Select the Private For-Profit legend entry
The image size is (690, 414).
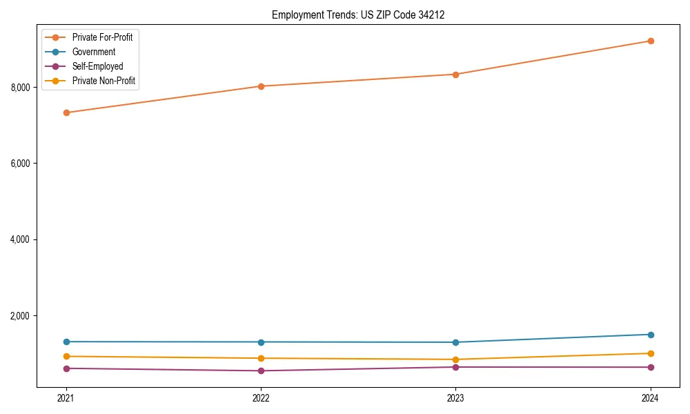[x=102, y=37]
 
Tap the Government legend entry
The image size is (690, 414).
[x=93, y=52]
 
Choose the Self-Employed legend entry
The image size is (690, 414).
[x=97, y=66]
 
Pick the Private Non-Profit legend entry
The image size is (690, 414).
[x=103, y=81]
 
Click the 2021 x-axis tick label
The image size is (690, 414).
[x=66, y=397]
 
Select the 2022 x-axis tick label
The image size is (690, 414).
[x=261, y=397]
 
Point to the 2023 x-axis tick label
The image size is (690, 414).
[x=455, y=397]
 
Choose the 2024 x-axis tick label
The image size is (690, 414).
[x=650, y=397]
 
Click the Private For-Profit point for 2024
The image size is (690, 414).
[x=650, y=41]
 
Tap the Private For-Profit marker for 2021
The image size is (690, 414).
[x=66, y=112]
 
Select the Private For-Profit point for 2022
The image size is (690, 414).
[x=261, y=86]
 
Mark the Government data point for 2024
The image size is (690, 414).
[x=650, y=335]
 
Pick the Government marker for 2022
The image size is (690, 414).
[x=261, y=342]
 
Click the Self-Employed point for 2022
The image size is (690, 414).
[x=261, y=371]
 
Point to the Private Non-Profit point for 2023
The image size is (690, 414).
[x=455, y=359]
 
